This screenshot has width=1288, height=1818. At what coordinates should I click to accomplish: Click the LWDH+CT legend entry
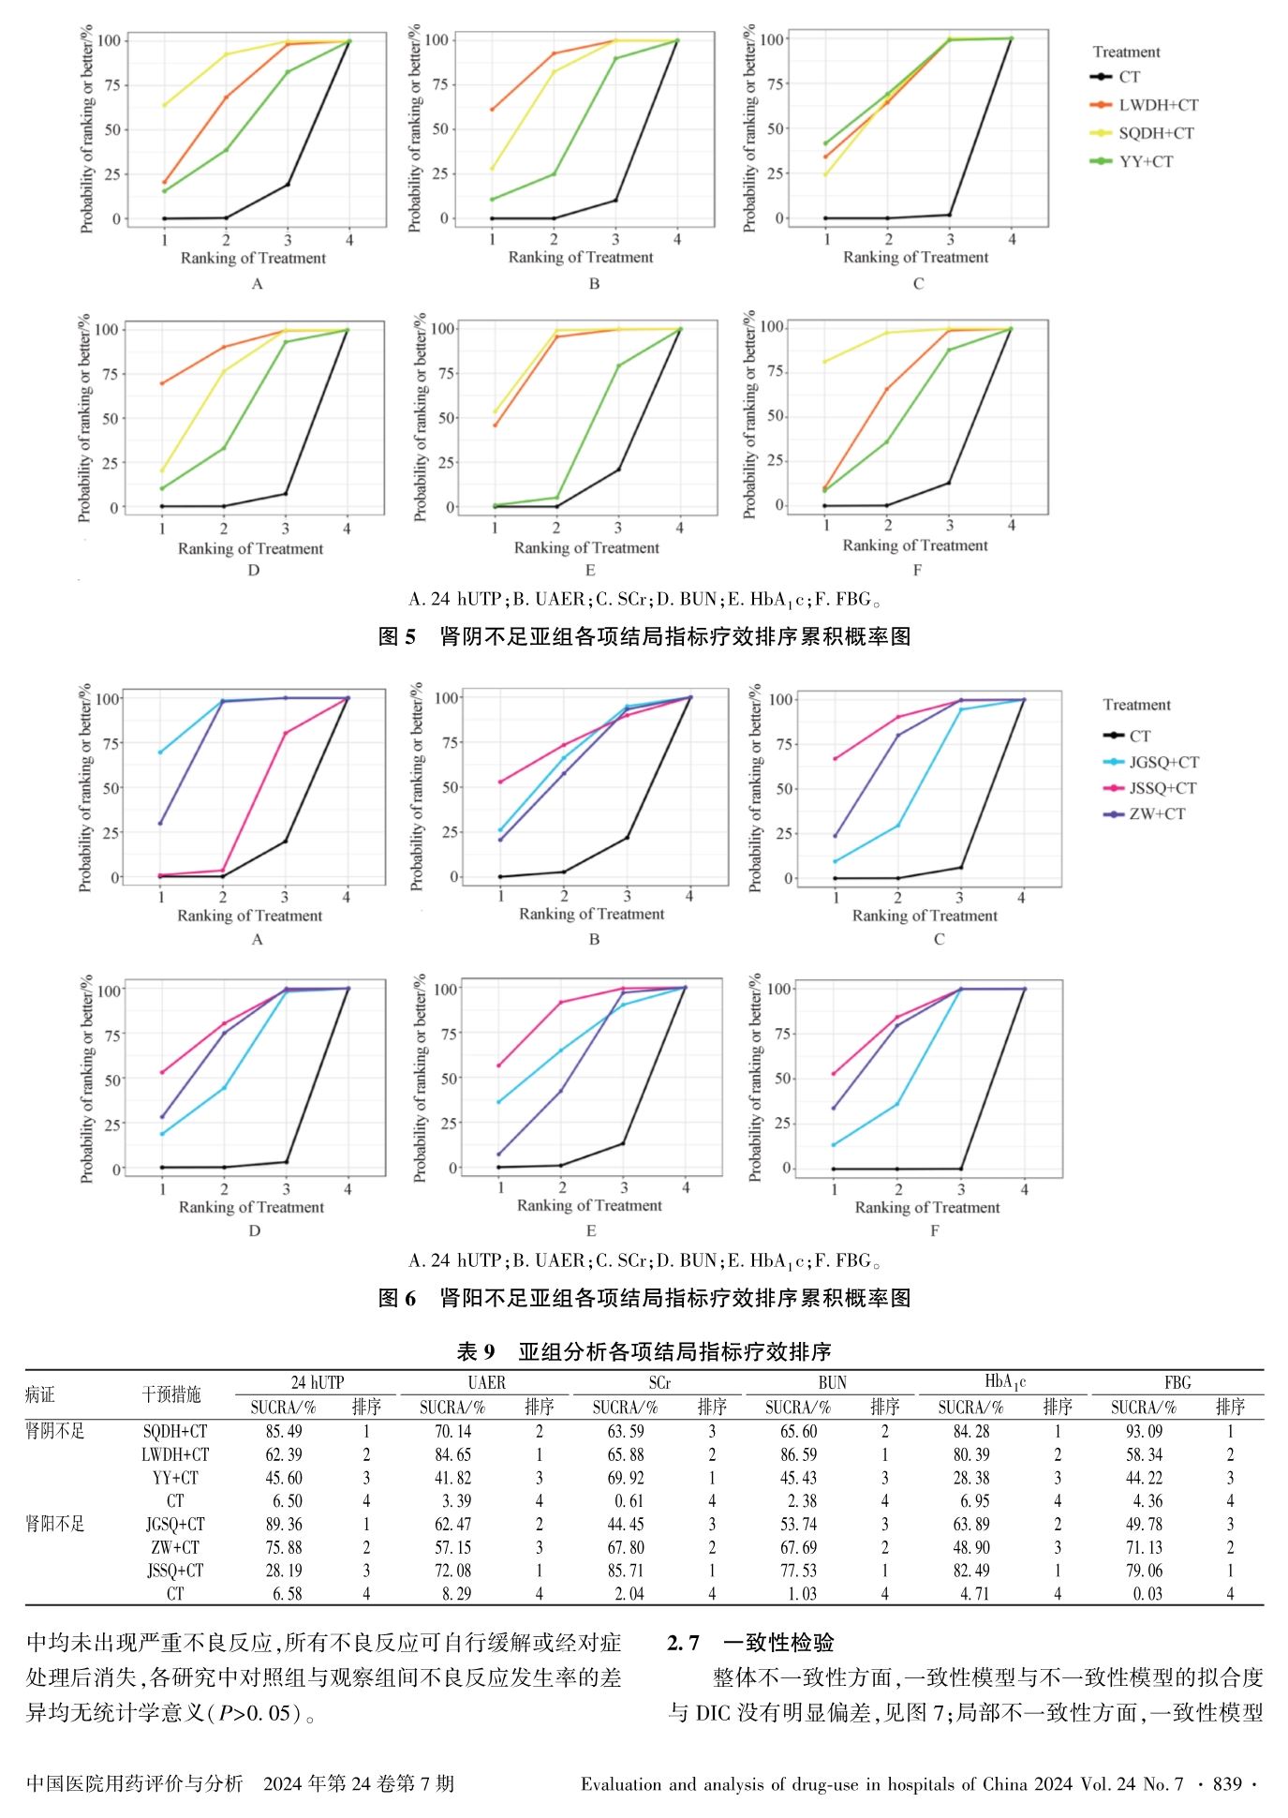(x=1158, y=105)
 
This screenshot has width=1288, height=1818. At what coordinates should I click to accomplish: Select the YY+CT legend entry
(x=1146, y=161)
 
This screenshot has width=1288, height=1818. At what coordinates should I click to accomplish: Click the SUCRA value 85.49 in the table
(x=284, y=1431)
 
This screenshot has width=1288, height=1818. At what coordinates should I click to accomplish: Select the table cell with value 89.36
(x=284, y=1525)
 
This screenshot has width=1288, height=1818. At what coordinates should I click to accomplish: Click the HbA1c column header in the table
(x=1005, y=1381)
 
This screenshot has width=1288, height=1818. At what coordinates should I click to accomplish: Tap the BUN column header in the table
(x=832, y=1382)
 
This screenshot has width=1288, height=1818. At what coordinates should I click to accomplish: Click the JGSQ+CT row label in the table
(x=175, y=1525)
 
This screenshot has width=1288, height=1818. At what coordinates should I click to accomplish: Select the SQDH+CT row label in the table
(x=175, y=1431)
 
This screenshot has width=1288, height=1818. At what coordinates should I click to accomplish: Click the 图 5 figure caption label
(x=396, y=637)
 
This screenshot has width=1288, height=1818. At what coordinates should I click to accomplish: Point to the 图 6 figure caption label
(x=396, y=1298)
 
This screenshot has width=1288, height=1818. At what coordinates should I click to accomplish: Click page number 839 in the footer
(x=1227, y=1783)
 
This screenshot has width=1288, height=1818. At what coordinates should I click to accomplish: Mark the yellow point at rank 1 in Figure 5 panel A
(x=164, y=105)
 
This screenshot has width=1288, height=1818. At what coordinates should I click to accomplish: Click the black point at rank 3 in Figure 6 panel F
(x=961, y=1169)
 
